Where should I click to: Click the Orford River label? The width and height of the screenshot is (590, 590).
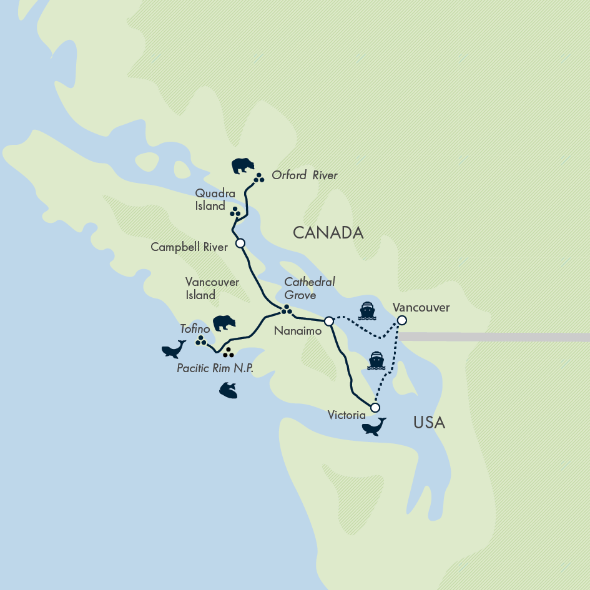click(x=304, y=175)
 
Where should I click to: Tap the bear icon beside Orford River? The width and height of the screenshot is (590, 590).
click(x=243, y=166)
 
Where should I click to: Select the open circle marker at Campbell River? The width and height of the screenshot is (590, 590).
click(x=240, y=243)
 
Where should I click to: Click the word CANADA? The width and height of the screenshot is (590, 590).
click(x=328, y=233)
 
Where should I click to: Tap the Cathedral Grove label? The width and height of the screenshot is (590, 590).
click(x=309, y=288)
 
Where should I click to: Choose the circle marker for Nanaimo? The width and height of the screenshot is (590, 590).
click(x=329, y=321)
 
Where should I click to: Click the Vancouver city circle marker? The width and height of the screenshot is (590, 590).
click(x=402, y=320)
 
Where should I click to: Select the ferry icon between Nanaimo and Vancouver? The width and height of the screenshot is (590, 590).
click(x=366, y=310)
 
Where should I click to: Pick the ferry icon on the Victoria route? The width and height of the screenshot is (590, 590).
click(x=376, y=360)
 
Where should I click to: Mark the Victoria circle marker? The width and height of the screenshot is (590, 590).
click(x=375, y=408)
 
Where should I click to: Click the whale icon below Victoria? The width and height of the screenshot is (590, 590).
click(x=374, y=426)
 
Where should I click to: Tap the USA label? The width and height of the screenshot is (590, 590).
click(x=429, y=423)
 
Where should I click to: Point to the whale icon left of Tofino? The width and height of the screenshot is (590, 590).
click(x=174, y=348)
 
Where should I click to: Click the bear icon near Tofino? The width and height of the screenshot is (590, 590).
click(x=224, y=323)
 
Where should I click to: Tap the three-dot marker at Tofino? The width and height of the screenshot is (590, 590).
click(x=201, y=340)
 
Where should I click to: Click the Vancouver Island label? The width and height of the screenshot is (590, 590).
click(x=212, y=288)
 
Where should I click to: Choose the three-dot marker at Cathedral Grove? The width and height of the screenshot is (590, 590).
click(x=287, y=309)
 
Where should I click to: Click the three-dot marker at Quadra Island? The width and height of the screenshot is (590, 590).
click(x=235, y=212)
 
